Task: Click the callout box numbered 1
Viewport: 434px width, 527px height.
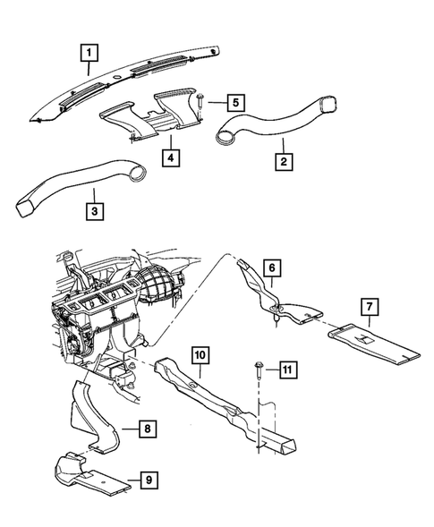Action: pos(89,52)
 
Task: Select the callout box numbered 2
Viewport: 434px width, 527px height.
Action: pos(282,162)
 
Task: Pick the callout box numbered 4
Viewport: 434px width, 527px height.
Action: pos(171,157)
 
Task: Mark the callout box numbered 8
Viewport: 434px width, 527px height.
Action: pos(145,429)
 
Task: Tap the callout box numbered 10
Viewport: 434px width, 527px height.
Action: pos(200,355)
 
